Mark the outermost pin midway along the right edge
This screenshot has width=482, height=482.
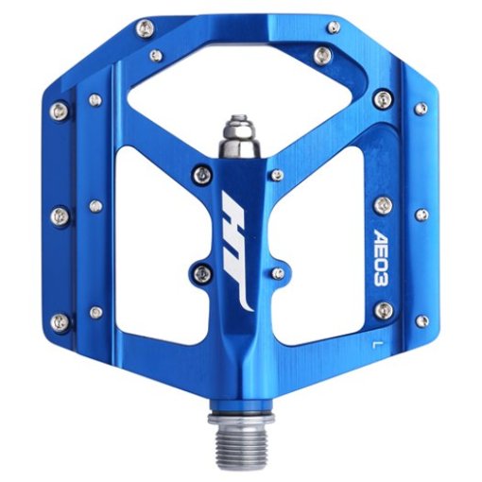pos(422,214)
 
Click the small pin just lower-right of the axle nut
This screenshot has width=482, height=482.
pos(274,175)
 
